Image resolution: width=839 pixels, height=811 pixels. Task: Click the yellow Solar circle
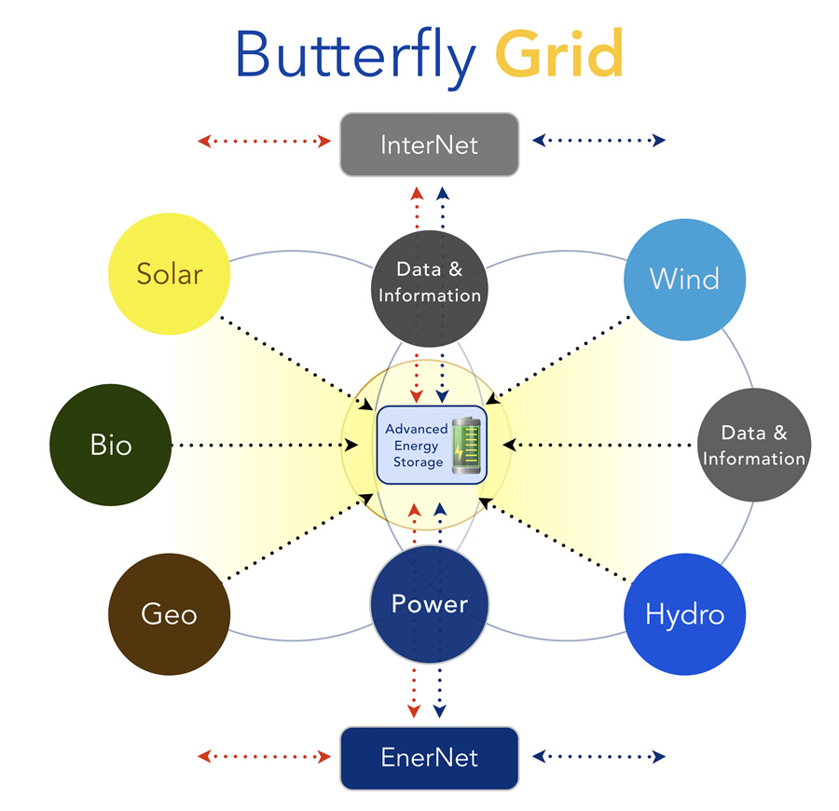[x=169, y=274]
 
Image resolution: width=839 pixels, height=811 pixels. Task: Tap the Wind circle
[x=685, y=280]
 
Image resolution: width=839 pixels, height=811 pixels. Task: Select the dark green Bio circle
[x=111, y=445]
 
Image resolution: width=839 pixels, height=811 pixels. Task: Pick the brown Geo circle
[x=169, y=614]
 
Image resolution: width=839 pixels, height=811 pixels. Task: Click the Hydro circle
[x=685, y=614]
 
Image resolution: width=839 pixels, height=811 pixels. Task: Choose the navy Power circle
[x=430, y=604]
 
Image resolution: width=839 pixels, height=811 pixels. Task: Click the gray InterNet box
[x=430, y=144]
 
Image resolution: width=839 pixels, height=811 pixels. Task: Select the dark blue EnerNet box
[x=430, y=758]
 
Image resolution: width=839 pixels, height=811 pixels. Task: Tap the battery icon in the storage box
[x=467, y=445]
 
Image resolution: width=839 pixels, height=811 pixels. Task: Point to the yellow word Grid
[x=559, y=53]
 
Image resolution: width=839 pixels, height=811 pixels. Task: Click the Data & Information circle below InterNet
[x=430, y=289]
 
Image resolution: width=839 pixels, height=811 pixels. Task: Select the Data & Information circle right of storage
[x=754, y=445]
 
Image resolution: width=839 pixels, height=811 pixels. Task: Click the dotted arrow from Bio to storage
[x=265, y=445]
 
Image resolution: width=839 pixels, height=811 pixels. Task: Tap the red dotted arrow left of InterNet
[x=265, y=142]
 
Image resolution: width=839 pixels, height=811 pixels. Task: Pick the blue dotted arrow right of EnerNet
[x=598, y=756]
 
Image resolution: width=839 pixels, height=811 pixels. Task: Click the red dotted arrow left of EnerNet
[x=265, y=756]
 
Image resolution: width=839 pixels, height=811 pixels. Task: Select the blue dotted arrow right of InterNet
[x=598, y=140]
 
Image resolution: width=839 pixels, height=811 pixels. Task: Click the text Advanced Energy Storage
[x=417, y=445]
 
